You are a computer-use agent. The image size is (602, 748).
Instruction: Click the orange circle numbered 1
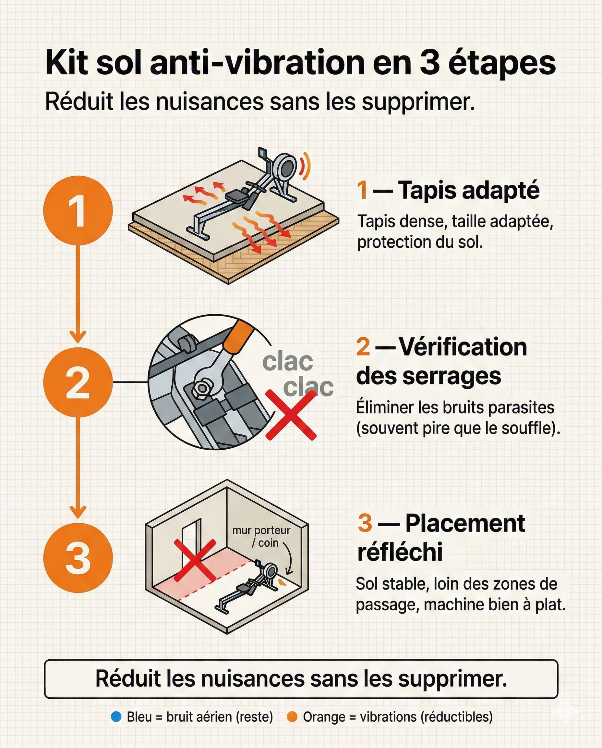(x=78, y=210)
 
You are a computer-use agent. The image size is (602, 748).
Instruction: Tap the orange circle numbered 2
(x=78, y=382)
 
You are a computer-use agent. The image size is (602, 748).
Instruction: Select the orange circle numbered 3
(x=78, y=558)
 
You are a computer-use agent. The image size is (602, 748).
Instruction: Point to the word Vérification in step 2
(x=463, y=347)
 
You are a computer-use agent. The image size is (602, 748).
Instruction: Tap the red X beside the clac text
(x=291, y=415)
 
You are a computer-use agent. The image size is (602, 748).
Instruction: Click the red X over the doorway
(x=195, y=560)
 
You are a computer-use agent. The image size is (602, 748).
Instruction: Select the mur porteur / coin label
(x=261, y=536)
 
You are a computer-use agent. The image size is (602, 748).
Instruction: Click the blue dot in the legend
(x=116, y=717)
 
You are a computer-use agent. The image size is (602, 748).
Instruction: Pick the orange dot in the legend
(x=292, y=717)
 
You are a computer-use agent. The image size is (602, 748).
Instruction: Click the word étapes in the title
(x=502, y=63)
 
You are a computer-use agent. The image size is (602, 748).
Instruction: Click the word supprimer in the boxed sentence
(x=452, y=679)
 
